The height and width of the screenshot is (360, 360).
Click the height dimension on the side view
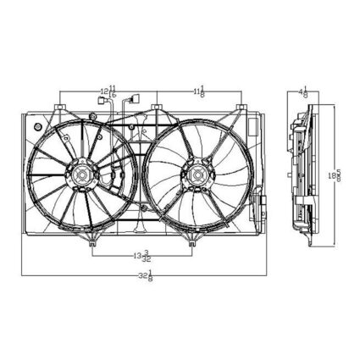(337, 174)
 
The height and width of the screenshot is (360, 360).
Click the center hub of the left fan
(83, 175)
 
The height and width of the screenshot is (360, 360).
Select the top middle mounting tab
(157, 108)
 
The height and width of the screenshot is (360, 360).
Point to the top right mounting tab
(242, 108)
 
